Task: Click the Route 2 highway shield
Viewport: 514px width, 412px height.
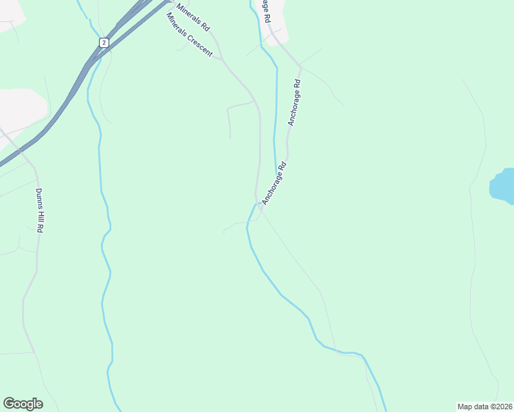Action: pyautogui.click(x=103, y=43)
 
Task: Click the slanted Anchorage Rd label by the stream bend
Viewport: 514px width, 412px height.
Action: pyautogui.click(x=273, y=183)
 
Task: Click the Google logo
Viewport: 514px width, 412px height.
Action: pyautogui.click(x=23, y=404)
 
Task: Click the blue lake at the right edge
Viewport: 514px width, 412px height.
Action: pyautogui.click(x=503, y=187)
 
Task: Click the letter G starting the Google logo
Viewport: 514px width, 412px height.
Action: pyautogui.click(x=9, y=404)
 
